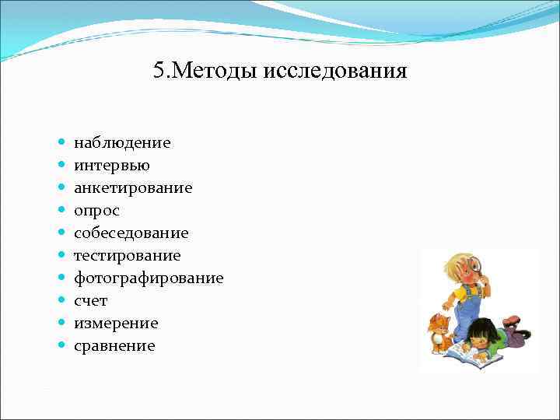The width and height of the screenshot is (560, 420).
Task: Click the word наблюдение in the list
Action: [122, 143]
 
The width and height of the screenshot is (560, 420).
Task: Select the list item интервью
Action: [112, 166]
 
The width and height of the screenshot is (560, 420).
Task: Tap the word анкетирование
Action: [133, 188]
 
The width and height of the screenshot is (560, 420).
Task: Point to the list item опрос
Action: [97, 211]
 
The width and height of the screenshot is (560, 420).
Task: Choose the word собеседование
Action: [131, 233]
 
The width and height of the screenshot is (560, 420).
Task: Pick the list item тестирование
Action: [127, 256]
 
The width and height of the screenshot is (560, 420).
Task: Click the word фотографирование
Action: [149, 278]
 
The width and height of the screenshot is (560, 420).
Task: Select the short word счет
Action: [91, 301]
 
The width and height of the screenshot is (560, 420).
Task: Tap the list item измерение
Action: [116, 324]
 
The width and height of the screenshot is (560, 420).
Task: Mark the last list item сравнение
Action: [114, 346]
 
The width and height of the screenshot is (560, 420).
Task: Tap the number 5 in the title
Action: [159, 72]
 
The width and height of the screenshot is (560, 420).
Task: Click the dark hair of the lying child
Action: [481, 329]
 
